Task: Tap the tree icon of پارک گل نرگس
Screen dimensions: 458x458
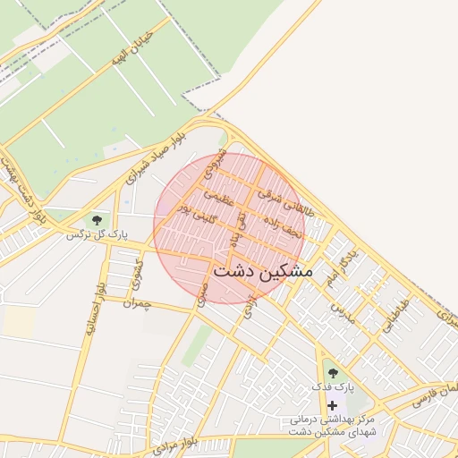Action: [96, 219]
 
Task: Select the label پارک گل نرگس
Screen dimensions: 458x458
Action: [96, 235]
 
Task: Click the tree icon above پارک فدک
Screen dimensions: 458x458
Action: [333, 372]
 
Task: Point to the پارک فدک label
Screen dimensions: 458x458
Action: [333, 387]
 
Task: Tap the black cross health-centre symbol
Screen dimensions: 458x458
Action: [333, 405]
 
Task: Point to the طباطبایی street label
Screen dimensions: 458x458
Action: [396, 316]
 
